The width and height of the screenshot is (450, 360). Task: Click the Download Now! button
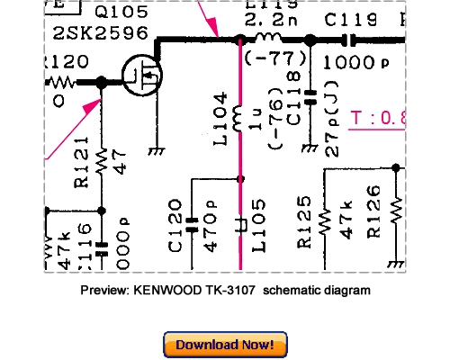point(224,345)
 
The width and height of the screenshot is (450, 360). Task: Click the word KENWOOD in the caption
point(170,291)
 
